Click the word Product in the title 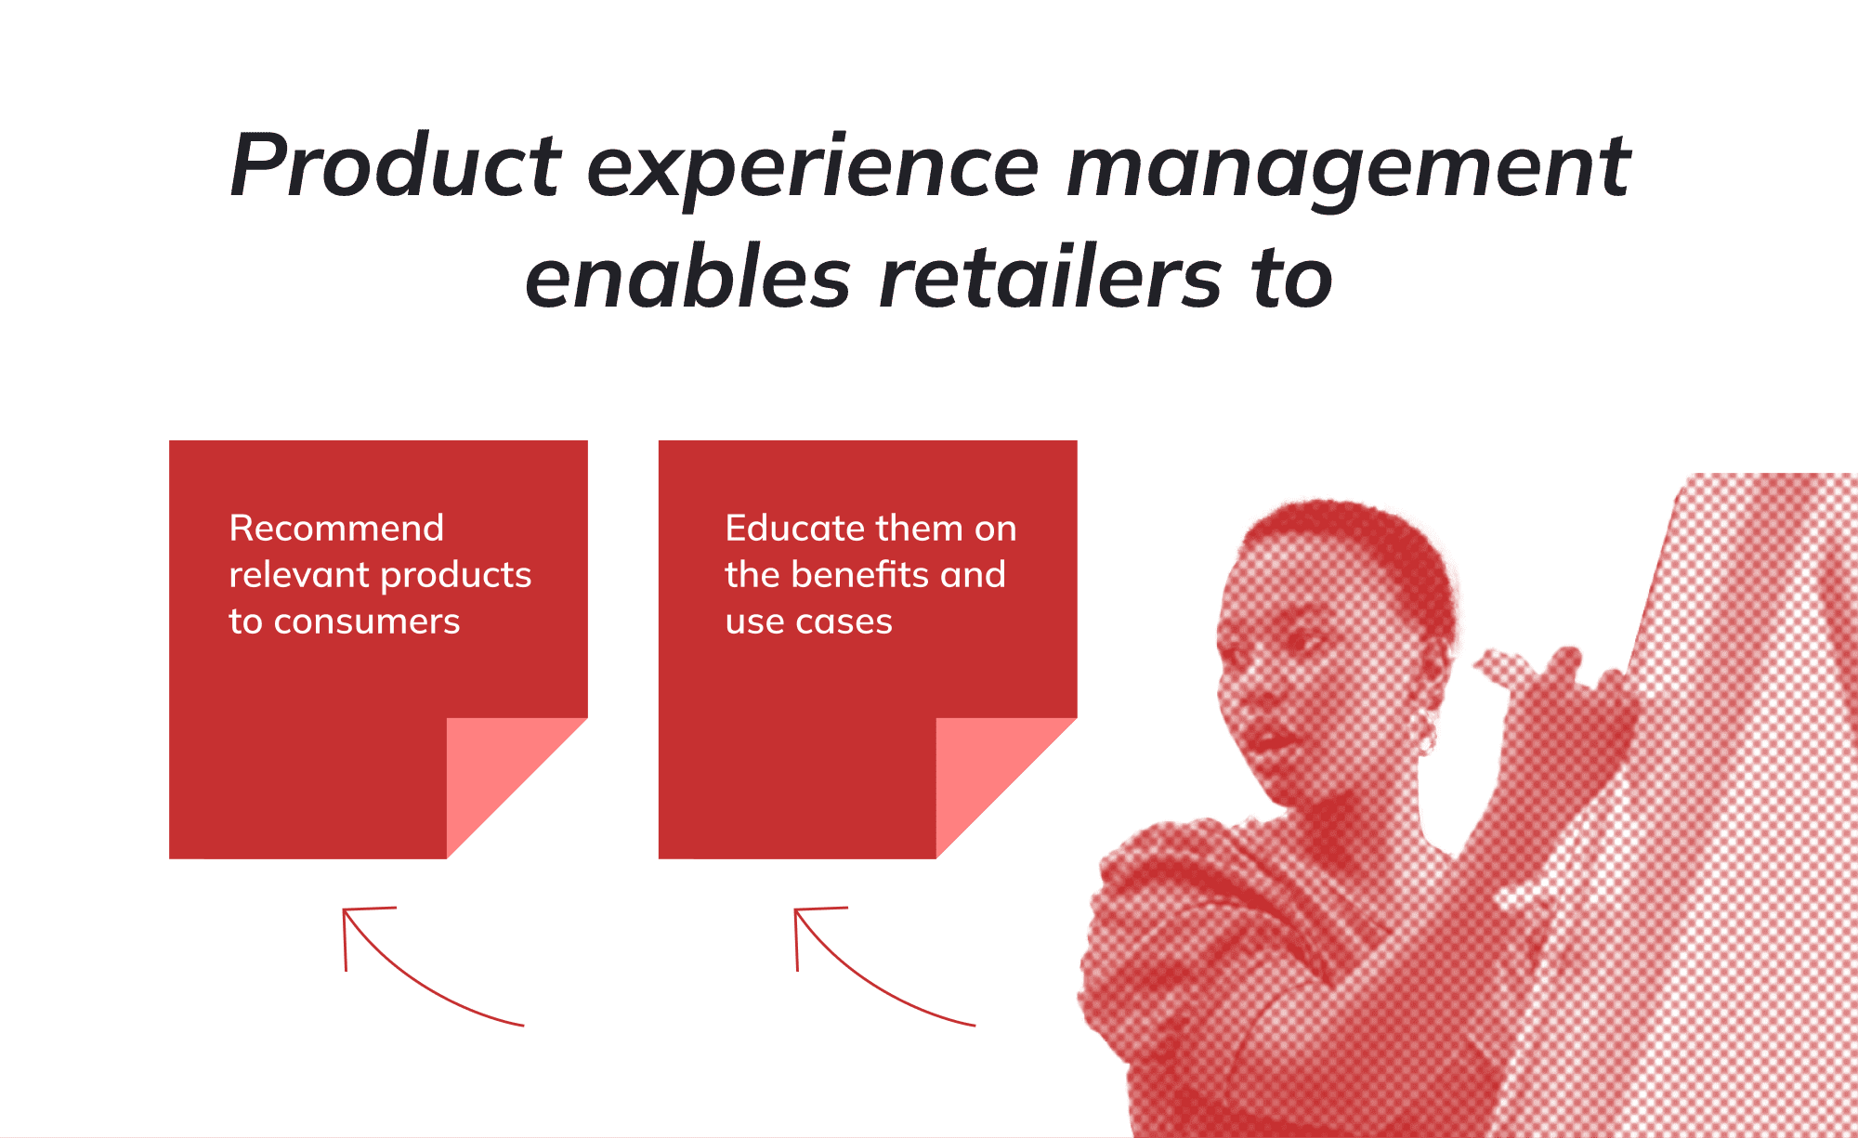(x=396, y=165)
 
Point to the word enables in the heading (x=687, y=277)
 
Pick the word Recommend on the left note (x=336, y=528)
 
